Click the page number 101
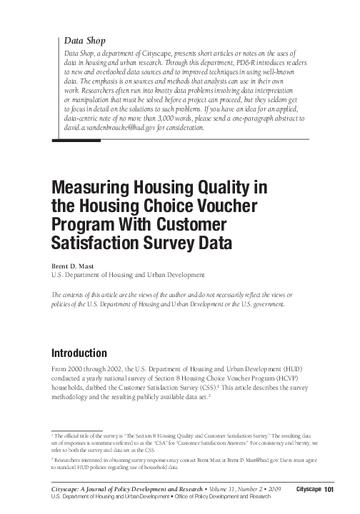point(329,488)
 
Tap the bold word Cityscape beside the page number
point(309,488)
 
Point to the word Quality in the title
point(211,188)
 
